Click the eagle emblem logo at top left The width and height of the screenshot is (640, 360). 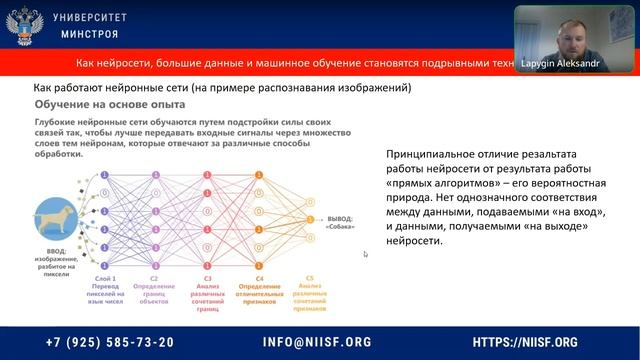tap(22, 25)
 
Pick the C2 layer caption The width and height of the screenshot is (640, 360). tap(154, 288)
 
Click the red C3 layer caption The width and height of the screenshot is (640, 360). tap(204, 290)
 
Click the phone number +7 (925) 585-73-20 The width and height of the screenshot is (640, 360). tap(110, 342)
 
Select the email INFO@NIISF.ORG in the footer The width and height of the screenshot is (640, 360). tap(317, 342)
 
